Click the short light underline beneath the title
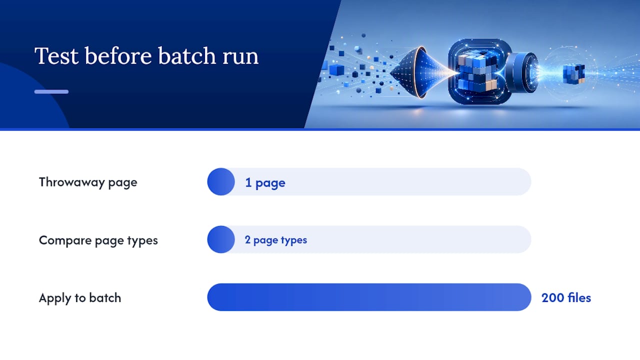point(51,91)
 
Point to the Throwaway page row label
point(88,183)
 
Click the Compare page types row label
point(98,241)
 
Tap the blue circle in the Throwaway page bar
point(221,181)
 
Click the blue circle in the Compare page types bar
point(221,239)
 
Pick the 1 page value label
point(265,183)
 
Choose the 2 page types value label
point(275,240)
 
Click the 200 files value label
point(566,298)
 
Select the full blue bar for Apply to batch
point(369,297)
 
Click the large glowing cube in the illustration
point(478,71)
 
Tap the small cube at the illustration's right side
point(573,73)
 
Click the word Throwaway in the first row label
point(72,182)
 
